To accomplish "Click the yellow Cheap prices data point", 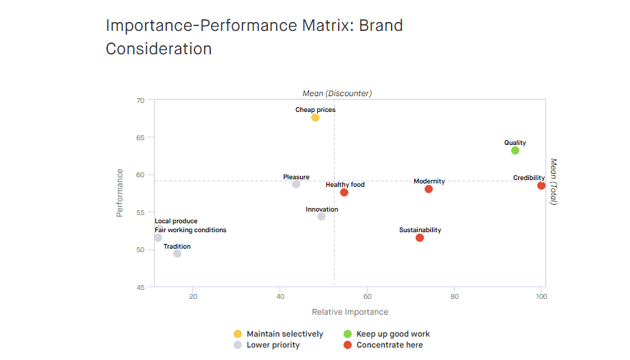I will pyautogui.click(x=315, y=117).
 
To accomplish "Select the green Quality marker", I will pyautogui.click(x=515, y=150).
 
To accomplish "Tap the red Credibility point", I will pyautogui.click(x=541, y=185).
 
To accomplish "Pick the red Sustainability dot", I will pyautogui.click(x=420, y=238).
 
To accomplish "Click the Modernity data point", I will pyautogui.click(x=429, y=189).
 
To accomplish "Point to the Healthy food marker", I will pyautogui.click(x=344, y=192).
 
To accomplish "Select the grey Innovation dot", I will pyautogui.click(x=322, y=216).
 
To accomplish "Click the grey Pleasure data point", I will pyautogui.click(x=296, y=184).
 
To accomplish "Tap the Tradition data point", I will pyautogui.click(x=177, y=254).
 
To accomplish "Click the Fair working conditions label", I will pyautogui.click(x=190, y=230).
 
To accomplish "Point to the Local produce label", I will pyautogui.click(x=176, y=221).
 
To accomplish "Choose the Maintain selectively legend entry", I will pyautogui.click(x=284, y=334).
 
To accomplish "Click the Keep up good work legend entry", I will pyautogui.click(x=392, y=334).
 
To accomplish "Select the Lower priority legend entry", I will pyautogui.click(x=273, y=345).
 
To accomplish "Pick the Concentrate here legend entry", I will pyautogui.click(x=389, y=345).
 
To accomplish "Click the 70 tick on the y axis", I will pyautogui.click(x=141, y=100).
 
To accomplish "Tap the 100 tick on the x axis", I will pyautogui.click(x=541, y=297).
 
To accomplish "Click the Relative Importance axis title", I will pyautogui.click(x=350, y=312).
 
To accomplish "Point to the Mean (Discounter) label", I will pyautogui.click(x=337, y=93).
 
